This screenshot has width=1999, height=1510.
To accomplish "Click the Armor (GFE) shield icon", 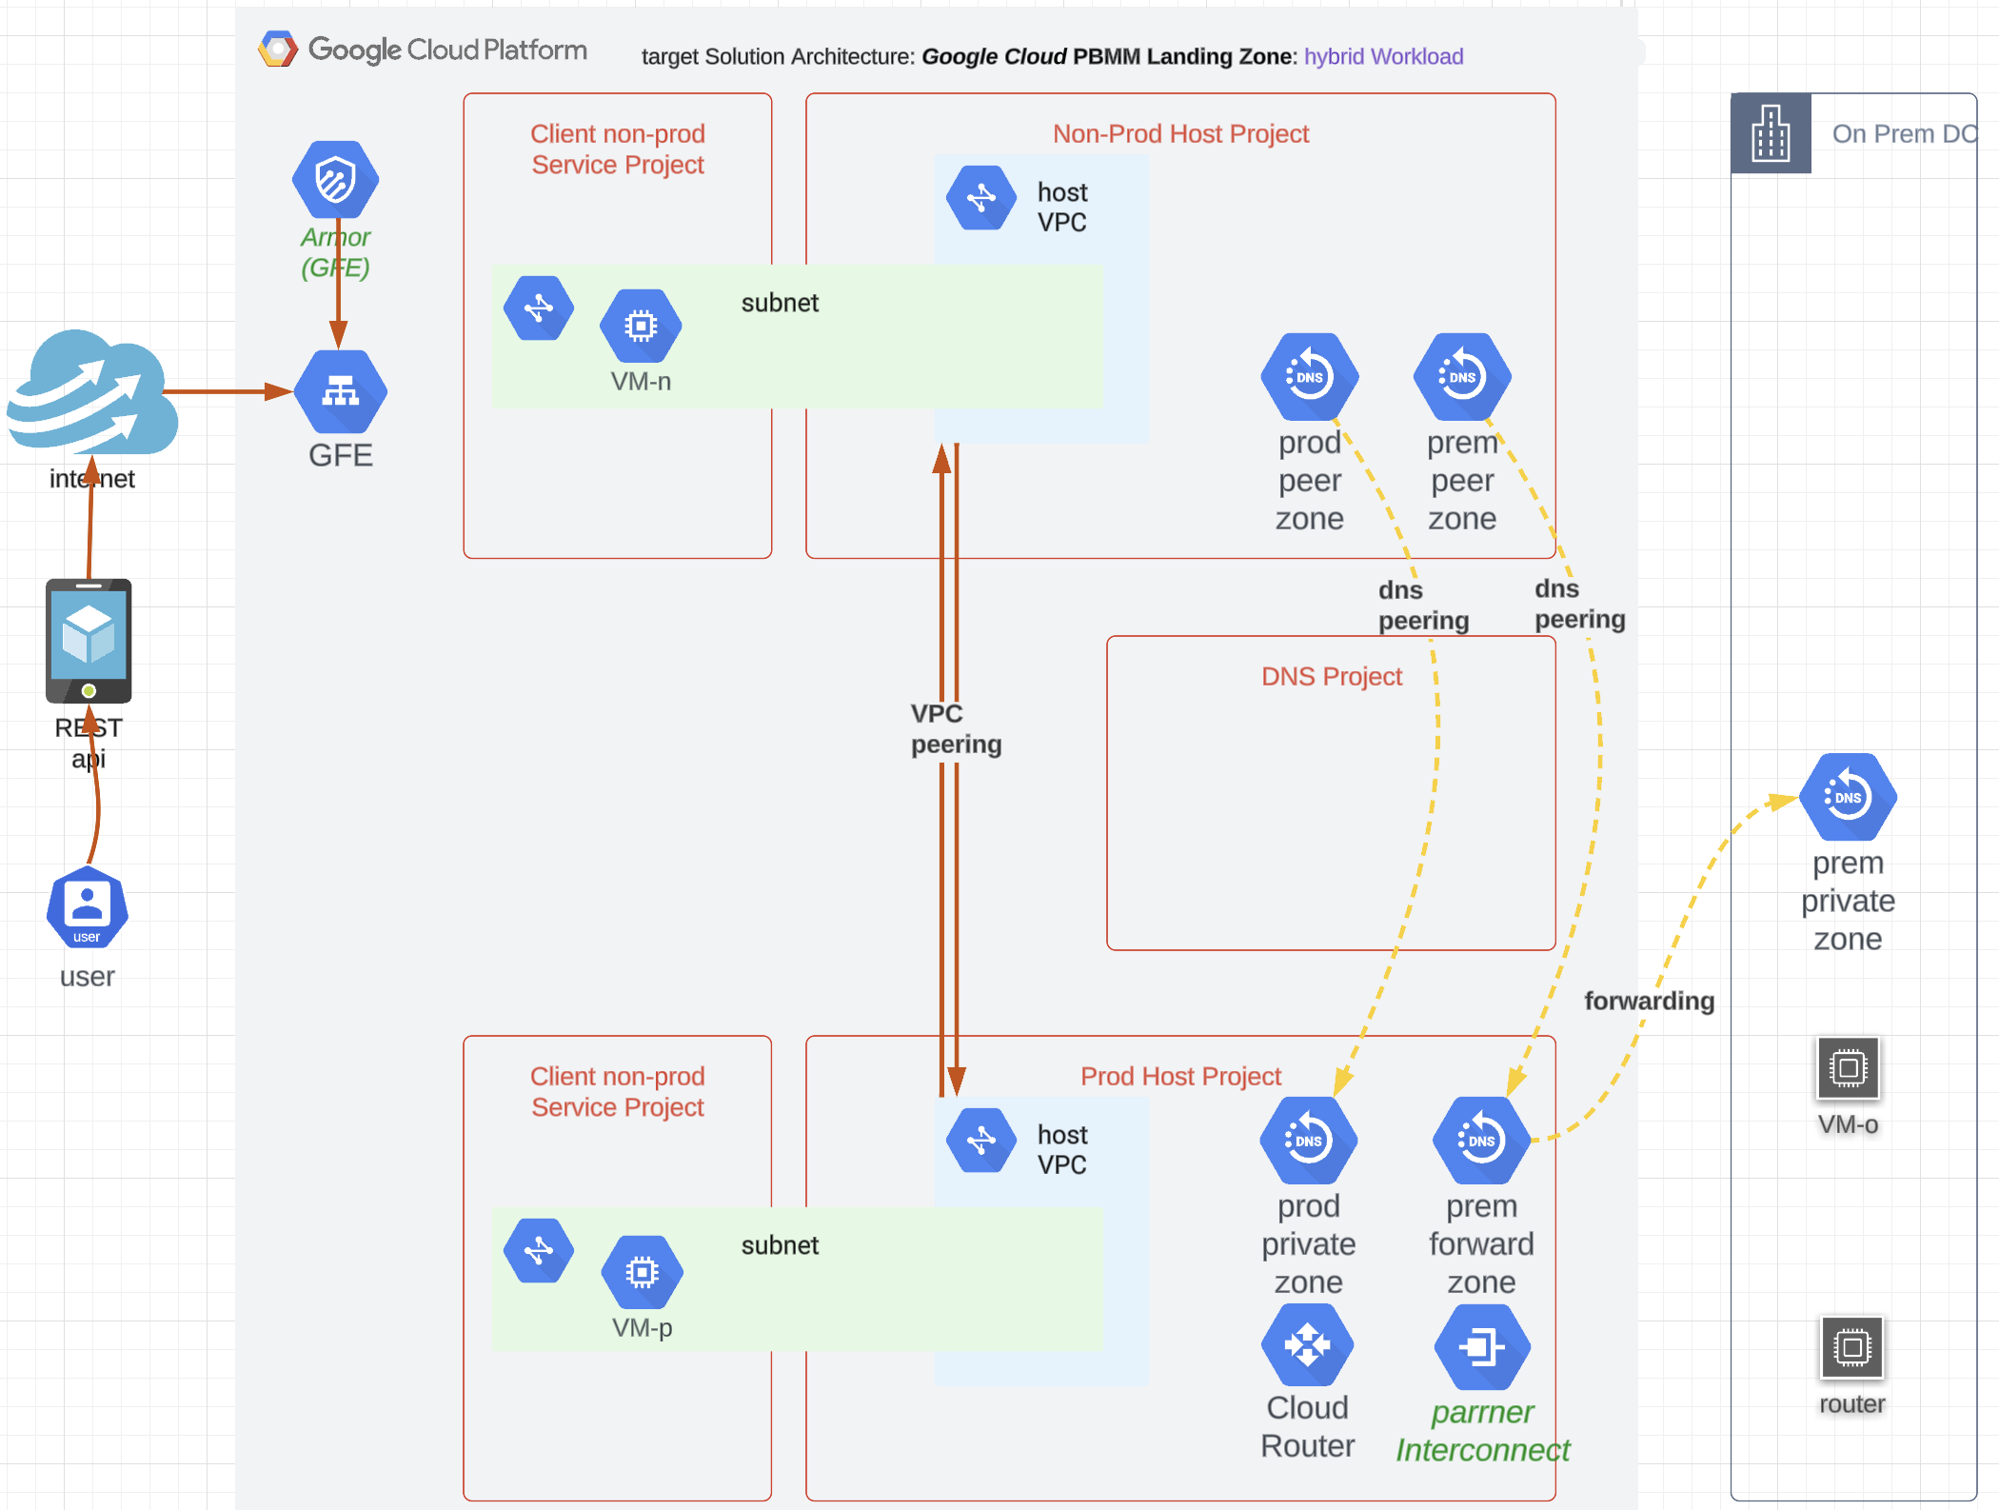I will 335,180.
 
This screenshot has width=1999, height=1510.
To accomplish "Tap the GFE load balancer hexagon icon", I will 340,391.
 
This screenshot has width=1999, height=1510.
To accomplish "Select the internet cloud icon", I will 93,393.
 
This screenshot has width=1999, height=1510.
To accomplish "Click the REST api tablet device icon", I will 89,640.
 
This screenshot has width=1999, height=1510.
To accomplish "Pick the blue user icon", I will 88,907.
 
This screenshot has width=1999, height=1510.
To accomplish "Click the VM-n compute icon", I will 641,326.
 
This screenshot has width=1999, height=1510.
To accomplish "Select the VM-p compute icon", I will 642,1272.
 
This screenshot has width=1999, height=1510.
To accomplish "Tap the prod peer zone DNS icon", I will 1309,377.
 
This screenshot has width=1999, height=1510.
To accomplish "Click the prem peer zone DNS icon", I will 1462,377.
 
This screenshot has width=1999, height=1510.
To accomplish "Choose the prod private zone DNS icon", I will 1308,1141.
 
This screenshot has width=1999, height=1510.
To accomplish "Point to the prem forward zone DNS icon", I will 1481,1141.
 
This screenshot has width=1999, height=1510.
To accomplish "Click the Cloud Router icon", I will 1307,1345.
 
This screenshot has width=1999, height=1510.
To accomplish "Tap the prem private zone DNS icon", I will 1848,797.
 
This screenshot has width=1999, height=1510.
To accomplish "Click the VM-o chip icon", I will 1848,1068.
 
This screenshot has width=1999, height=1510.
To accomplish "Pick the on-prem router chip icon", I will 1851,1347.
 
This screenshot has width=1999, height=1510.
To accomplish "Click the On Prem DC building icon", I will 1771,133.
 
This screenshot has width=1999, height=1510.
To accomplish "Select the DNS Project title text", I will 1331,677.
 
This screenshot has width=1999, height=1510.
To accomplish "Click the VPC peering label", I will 955,728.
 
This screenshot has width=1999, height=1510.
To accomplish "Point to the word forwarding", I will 1649,1002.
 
